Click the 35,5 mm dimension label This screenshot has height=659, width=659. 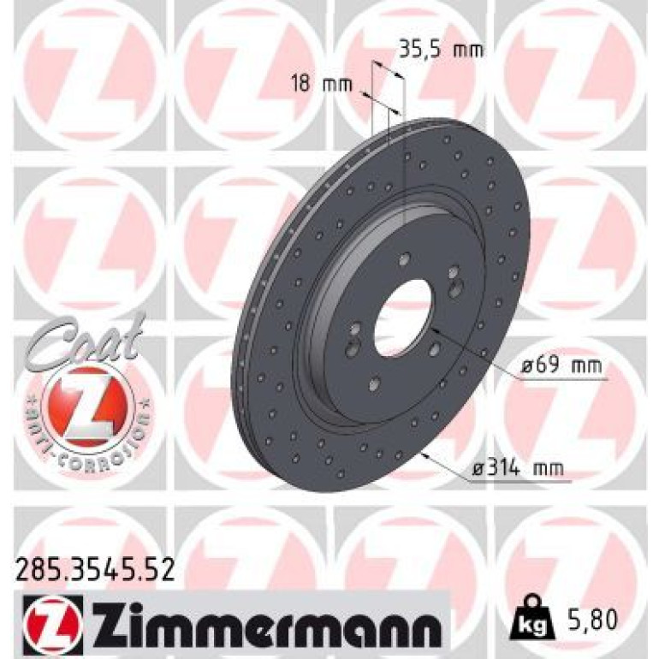point(441,50)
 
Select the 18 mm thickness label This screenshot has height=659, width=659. point(322,85)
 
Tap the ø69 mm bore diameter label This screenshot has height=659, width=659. point(562,366)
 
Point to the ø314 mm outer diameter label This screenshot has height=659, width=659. point(518,468)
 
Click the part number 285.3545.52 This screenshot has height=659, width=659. point(95,570)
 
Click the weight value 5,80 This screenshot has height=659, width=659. point(592,619)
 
